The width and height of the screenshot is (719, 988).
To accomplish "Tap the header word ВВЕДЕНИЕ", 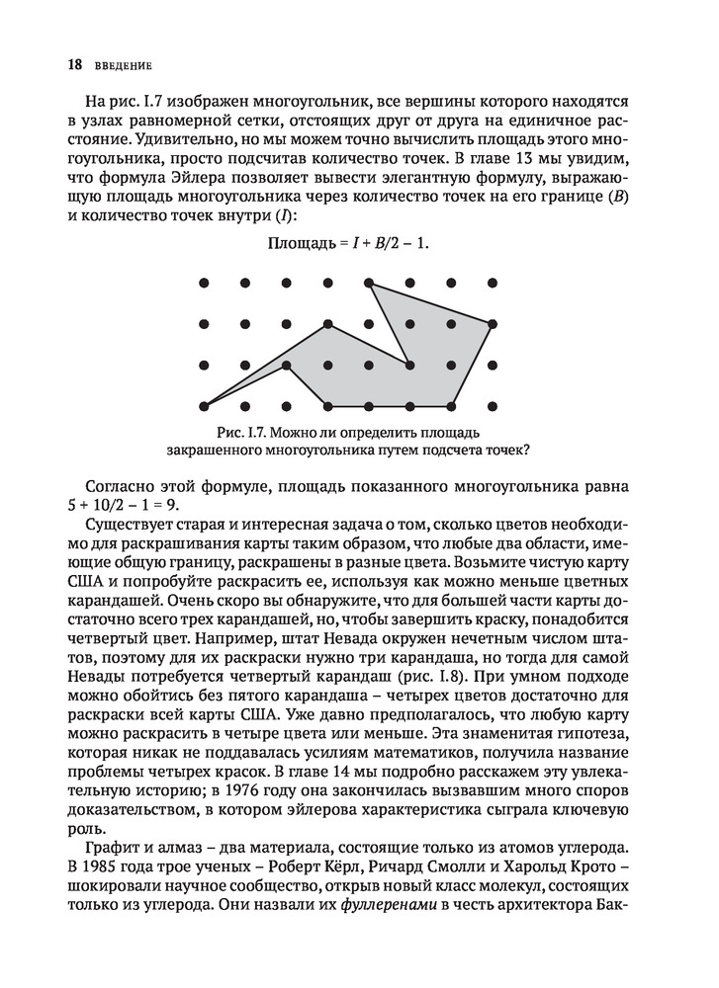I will [123, 66].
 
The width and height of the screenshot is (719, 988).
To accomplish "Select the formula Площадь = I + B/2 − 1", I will [350, 242].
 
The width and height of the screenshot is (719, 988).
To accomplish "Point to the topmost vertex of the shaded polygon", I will [369, 284].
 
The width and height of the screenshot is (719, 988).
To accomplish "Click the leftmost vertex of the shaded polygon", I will [204, 405].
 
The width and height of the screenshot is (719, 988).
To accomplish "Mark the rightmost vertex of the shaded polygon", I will [493, 324].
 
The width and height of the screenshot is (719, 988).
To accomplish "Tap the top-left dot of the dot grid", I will [204, 284].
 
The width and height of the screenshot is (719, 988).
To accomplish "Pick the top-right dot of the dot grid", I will [493, 284].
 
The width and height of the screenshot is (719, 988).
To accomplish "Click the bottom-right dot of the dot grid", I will [493, 405].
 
